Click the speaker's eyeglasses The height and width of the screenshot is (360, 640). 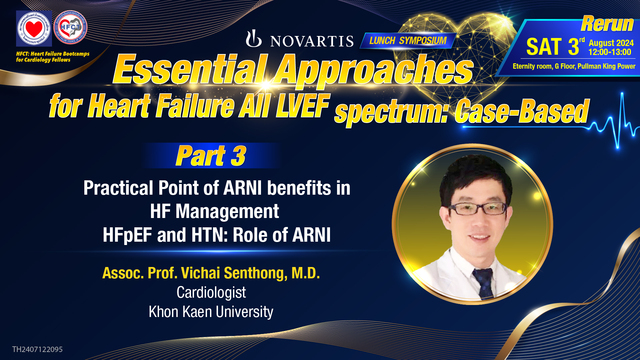473,207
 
